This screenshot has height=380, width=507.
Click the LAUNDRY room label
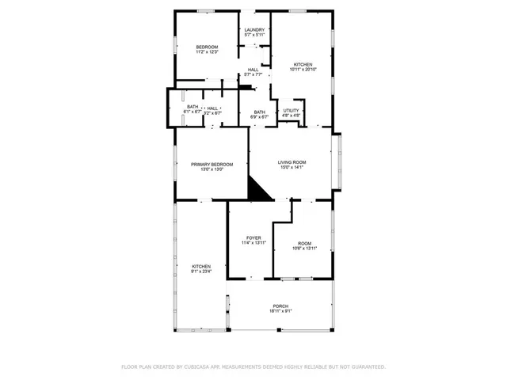253,30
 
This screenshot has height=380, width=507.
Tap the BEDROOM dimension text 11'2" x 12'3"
207,52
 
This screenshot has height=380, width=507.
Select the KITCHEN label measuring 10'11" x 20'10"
303,64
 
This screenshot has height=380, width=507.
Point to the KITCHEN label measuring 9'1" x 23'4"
201,266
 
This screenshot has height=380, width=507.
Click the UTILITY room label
292,110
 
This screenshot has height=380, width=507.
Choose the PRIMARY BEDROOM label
212,164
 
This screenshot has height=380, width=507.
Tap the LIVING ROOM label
292,161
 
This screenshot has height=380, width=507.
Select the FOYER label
253,237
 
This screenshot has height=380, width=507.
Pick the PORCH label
280,306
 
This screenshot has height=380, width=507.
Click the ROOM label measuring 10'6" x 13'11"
305,243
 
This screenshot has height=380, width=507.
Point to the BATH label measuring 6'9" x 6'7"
260,112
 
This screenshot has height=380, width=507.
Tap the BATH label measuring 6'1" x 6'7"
193,108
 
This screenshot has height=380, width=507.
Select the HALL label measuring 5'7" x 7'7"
253,69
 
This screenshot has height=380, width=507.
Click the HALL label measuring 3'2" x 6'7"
212,108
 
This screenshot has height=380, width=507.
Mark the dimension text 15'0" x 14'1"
292,167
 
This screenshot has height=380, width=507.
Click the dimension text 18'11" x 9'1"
280,311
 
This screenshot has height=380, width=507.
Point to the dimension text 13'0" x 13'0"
212,169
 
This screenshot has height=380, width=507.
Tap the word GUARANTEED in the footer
367,367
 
